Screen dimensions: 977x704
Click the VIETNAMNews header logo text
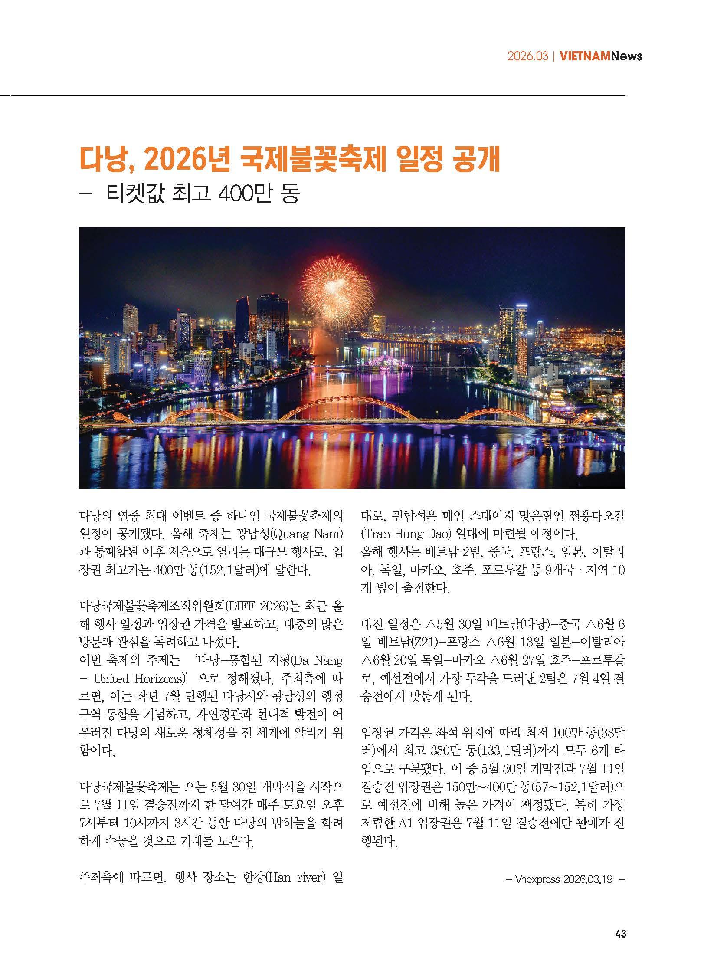point(601,56)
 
